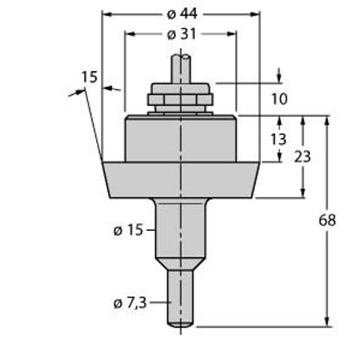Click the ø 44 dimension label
click(x=182, y=14)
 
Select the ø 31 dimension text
click(x=182, y=34)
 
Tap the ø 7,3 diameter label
click(x=130, y=304)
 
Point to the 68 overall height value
click(x=327, y=220)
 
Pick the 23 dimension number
click(x=302, y=157)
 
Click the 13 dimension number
click(x=278, y=139)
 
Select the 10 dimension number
click(x=280, y=99)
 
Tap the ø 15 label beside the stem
click(x=128, y=230)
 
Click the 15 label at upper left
click(x=89, y=77)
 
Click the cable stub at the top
click(x=181, y=69)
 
